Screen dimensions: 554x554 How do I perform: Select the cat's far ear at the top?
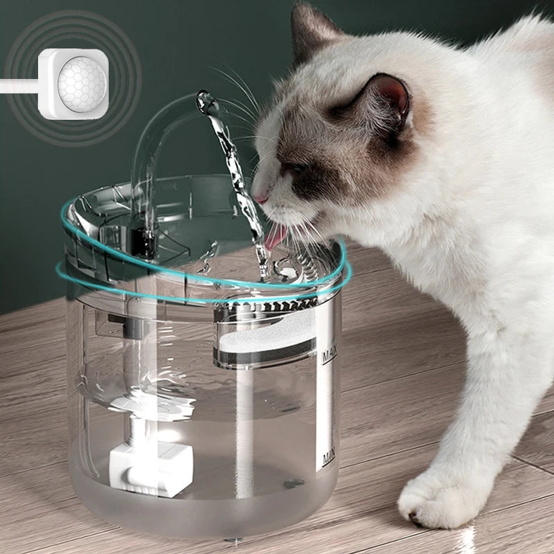(x=309, y=31)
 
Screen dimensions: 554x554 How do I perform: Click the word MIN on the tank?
(x=328, y=458)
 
